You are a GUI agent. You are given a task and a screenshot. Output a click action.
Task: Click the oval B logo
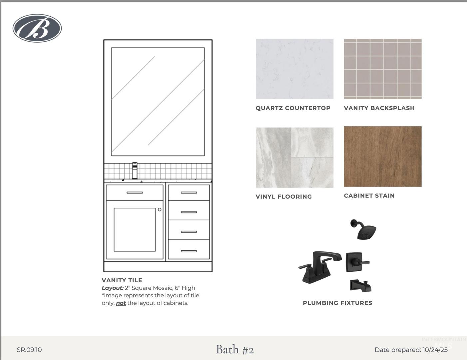[x=37, y=28]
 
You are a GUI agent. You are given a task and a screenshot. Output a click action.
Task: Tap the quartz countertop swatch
[x=294, y=69]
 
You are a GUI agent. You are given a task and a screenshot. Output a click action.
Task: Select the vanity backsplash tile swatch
[x=383, y=69]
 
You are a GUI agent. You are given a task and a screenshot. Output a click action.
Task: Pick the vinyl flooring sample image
[x=294, y=157]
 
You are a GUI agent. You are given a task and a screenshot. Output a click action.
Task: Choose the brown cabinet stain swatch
[x=383, y=156]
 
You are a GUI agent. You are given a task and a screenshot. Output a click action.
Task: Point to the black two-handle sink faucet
[x=320, y=267]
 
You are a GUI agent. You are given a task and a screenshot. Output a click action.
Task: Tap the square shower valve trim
[x=357, y=262]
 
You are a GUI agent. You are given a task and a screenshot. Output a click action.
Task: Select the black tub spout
[x=361, y=286]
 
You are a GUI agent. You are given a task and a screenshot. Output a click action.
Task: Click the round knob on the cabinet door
[x=160, y=209]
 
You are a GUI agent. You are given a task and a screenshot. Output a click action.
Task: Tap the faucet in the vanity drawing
[x=135, y=171]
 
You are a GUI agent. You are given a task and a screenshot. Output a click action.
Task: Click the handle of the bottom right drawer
[x=189, y=251]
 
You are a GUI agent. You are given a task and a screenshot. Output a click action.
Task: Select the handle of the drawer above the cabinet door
[x=135, y=192]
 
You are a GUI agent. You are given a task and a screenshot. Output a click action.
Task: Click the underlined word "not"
[x=121, y=303]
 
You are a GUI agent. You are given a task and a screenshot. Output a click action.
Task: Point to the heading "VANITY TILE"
[x=122, y=280]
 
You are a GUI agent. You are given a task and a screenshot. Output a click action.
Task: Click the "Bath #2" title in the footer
[x=235, y=349]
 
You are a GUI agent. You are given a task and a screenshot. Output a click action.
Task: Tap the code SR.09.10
[x=29, y=350]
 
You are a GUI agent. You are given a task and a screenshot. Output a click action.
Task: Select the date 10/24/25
[x=435, y=350]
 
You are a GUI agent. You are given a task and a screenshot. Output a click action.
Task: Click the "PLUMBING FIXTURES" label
[x=337, y=303]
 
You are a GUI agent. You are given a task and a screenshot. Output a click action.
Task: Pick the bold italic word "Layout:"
[x=113, y=288]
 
